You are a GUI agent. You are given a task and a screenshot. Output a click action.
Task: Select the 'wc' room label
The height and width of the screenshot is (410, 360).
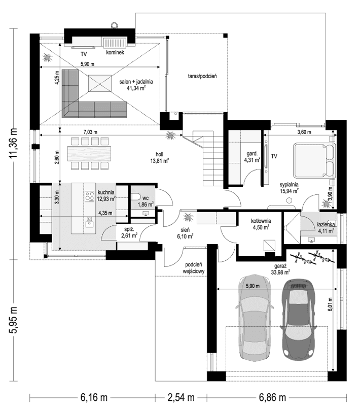tap(145, 197)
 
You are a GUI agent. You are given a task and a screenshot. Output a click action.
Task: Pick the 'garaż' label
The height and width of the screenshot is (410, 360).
tap(279, 265)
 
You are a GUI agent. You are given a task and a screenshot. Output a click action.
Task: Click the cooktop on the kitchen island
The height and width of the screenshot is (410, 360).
tap(89, 195)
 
